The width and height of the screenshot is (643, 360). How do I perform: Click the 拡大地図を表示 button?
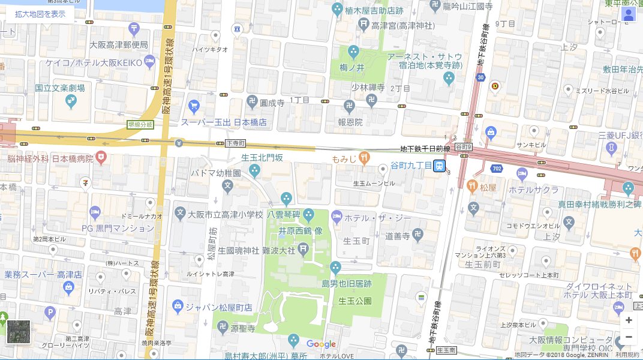[40, 14]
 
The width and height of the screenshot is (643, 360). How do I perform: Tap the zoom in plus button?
[629, 320]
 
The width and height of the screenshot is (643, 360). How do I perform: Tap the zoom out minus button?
[629, 337]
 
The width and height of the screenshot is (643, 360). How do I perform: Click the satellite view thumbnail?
[19, 332]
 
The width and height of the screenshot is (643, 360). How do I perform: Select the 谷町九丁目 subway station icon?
[440, 166]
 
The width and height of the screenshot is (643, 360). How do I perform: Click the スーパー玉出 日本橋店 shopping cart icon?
[193, 107]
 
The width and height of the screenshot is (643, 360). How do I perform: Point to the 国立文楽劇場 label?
[59, 88]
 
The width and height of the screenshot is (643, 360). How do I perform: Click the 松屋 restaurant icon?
[472, 187]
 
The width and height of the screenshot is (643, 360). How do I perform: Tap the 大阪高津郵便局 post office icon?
[134, 29]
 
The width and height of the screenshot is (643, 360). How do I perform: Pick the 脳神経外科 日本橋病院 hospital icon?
[102, 158]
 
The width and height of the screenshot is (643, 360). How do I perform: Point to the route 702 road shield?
[497, 169]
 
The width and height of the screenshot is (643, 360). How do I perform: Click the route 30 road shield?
[480, 77]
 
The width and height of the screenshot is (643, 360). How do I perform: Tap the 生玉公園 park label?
[354, 301]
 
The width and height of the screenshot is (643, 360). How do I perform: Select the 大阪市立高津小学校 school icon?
[180, 213]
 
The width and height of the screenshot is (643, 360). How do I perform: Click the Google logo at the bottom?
[321, 344]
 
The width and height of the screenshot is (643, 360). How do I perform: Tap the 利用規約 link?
[627, 355]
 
